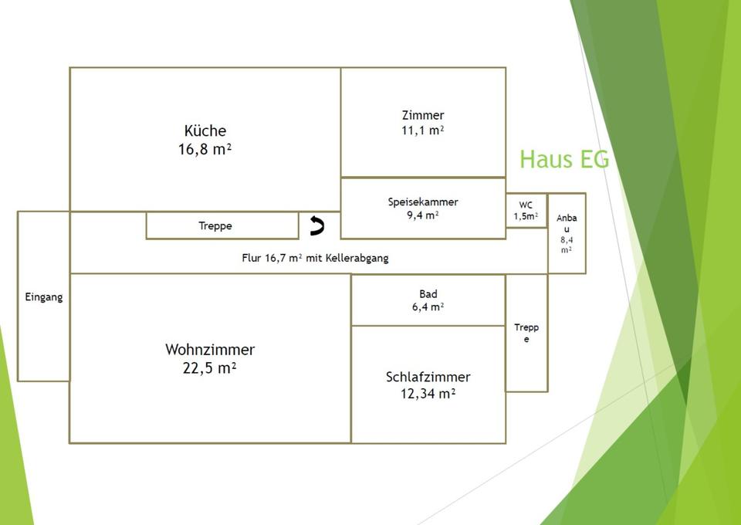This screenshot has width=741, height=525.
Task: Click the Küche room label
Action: (205, 130)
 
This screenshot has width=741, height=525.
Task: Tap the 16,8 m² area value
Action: (205, 149)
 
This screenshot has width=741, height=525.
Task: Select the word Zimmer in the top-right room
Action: (423, 115)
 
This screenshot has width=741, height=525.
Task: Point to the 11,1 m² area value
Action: (423, 130)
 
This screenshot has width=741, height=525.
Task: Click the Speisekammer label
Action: (423, 202)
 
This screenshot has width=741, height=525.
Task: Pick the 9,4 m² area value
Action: (423, 215)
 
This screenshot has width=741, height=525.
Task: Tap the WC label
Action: (526, 205)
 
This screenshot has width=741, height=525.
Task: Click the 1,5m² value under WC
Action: (526, 216)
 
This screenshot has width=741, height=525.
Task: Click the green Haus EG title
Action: (564, 159)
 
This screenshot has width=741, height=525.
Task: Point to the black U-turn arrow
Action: (316, 225)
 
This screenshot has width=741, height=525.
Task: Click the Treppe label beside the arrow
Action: (215, 226)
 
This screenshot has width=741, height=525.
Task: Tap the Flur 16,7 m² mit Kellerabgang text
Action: (315, 258)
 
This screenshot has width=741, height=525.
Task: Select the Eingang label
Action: (43, 297)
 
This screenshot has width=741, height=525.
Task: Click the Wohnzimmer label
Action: (209, 350)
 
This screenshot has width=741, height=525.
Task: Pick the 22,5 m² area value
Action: (209, 368)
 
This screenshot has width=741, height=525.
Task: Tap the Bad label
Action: (428, 293)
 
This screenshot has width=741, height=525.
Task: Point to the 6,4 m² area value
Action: (428, 307)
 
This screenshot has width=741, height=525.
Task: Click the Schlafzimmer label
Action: (428, 377)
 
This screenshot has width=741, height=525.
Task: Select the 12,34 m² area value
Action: (428, 394)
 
